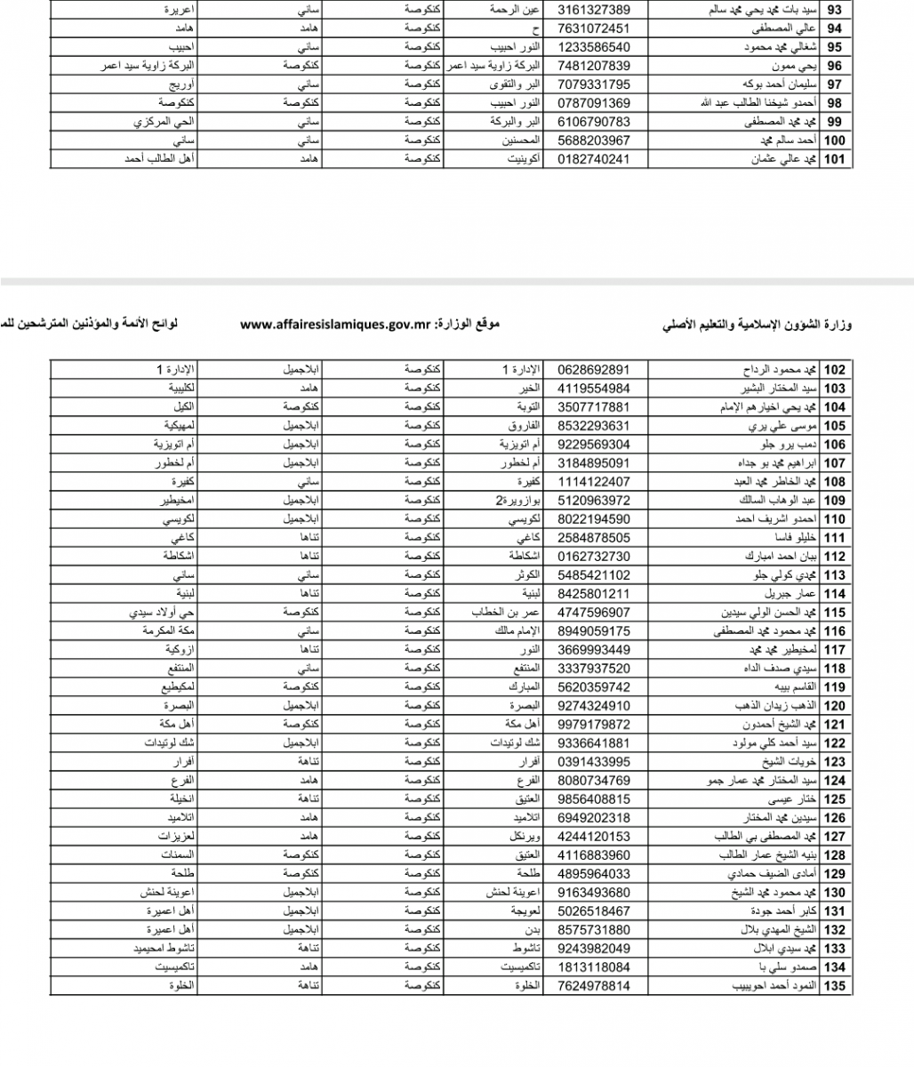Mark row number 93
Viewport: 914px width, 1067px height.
tap(836, 10)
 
